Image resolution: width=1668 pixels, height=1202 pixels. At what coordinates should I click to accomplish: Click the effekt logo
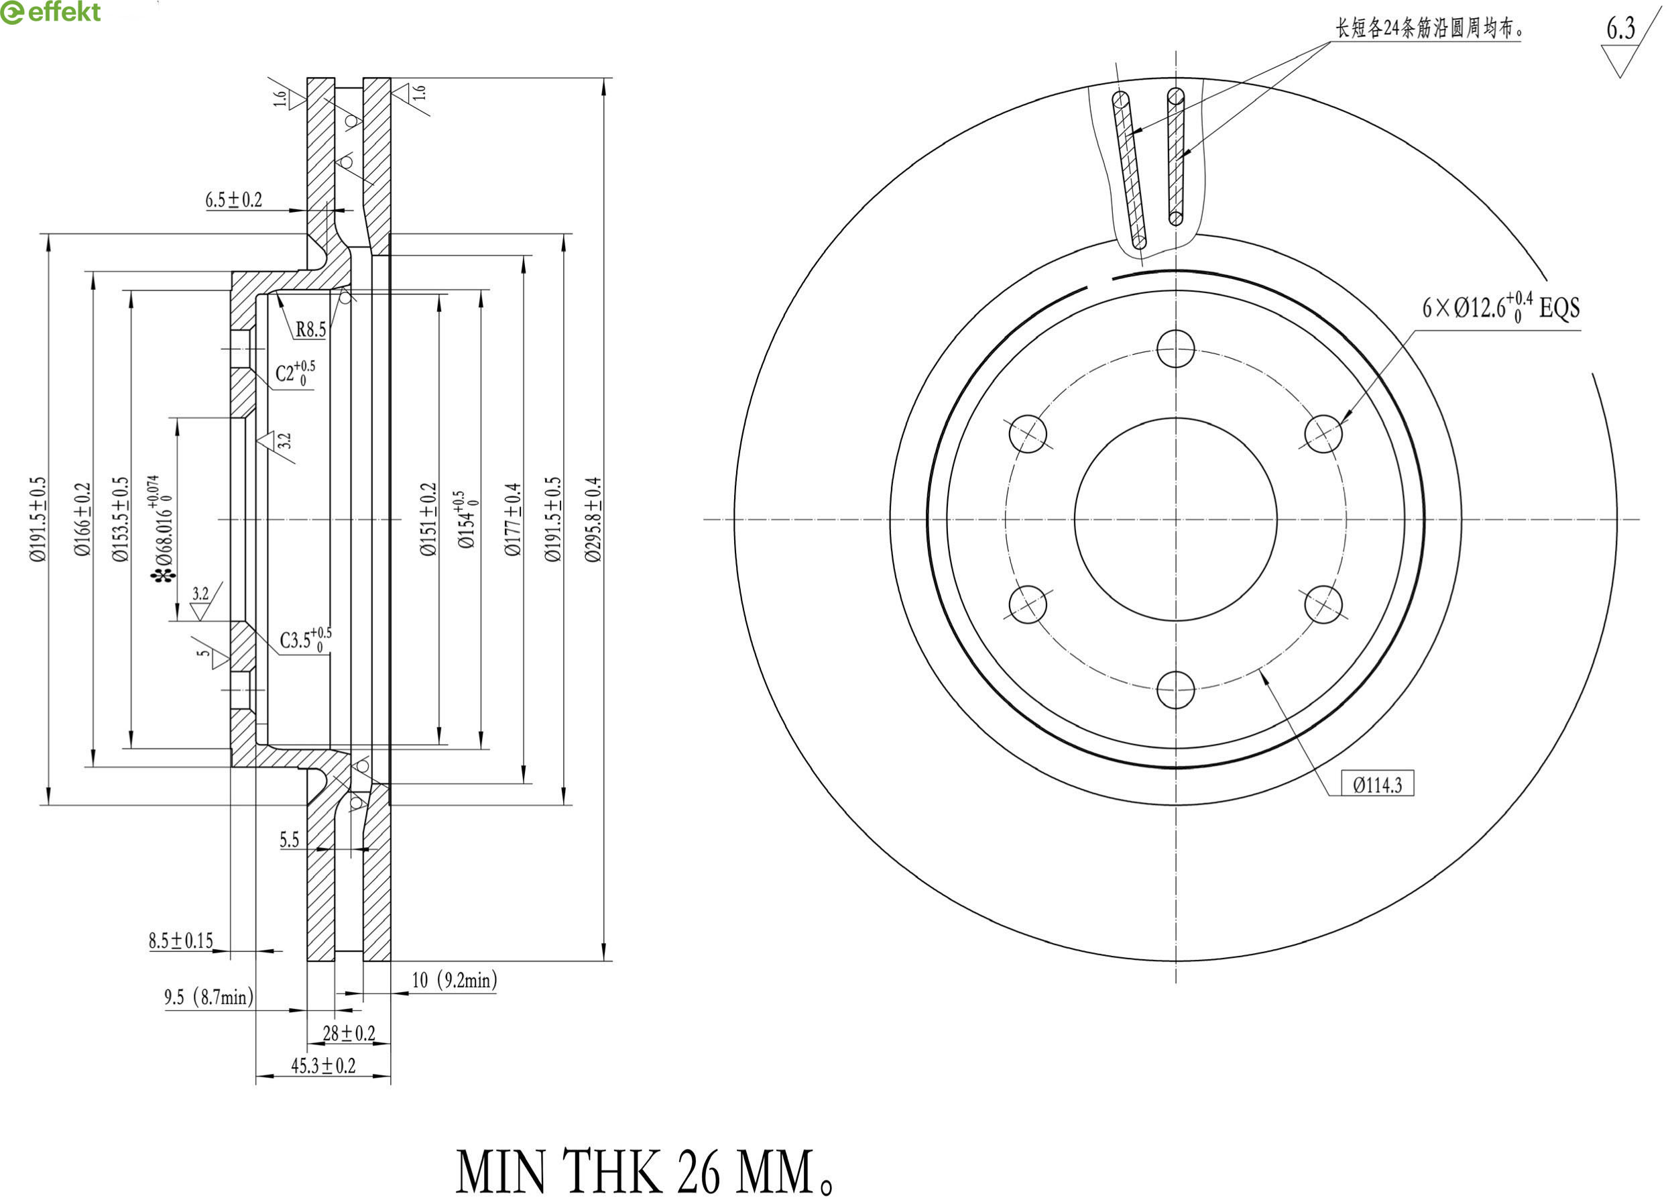pyautogui.click(x=50, y=13)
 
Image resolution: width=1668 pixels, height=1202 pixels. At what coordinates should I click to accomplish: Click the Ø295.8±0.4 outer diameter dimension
pyautogui.click(x=593, y=519)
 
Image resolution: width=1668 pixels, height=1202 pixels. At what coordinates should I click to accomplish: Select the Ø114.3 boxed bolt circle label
pyautogui.click(x=1378, y=785)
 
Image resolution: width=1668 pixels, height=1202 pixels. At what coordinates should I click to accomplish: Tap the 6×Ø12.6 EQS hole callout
pyautogui.click(x=1500, y=307)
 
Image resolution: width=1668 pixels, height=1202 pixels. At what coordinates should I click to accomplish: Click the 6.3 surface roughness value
pyautogui.click(x=1620, y=29)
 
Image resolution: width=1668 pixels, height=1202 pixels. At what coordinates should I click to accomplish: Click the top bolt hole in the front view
pyautogui.click(x=1175, y=348)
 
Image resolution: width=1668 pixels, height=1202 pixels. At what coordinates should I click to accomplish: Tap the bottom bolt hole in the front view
pyautogui.click(x=1175, y=690)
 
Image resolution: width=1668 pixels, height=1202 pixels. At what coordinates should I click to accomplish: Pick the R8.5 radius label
pyautogui.click(x=310, y=329)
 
